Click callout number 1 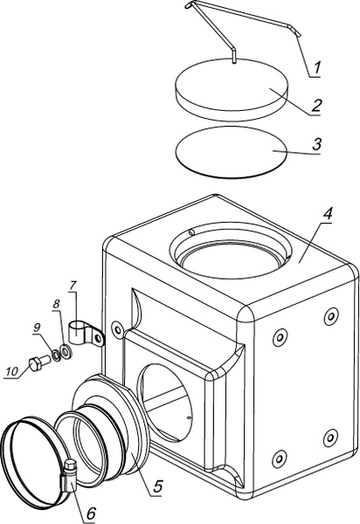[317, 68]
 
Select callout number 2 [316, 106]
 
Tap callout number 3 [316, 144]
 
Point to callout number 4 [328, 214]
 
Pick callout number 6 [90, 513]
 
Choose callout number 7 [73, 286]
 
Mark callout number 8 [56, 305]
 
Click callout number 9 [37, 327]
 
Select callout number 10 [11, 371]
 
